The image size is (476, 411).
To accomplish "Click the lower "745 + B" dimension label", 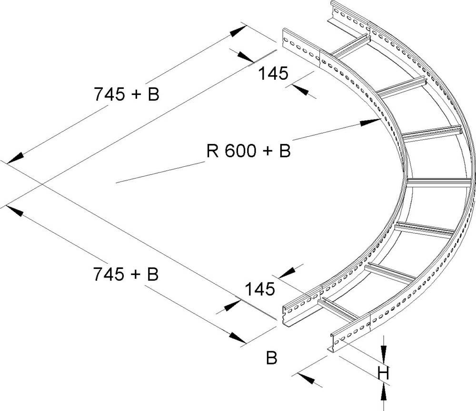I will tap(126, 274).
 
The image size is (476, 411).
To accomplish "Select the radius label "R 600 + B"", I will tap(248, 151).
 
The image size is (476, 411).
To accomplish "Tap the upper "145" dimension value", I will tap(273, 74).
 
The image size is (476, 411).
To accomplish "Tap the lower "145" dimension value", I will tap(260, 288).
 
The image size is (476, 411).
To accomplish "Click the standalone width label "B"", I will tap(271, 358).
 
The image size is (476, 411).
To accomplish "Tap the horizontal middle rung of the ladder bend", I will tap(438, 183).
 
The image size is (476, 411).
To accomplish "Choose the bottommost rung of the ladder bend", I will tap(338, 309).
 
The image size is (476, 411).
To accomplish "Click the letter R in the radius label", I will tap(212, 151).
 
